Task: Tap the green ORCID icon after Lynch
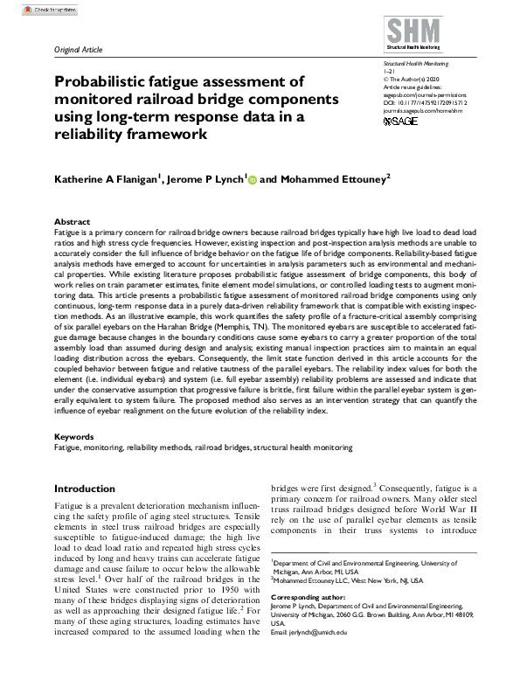(x=253, y=180)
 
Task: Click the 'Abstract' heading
(x=72, y=222)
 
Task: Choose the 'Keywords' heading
(x=73, y=435)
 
